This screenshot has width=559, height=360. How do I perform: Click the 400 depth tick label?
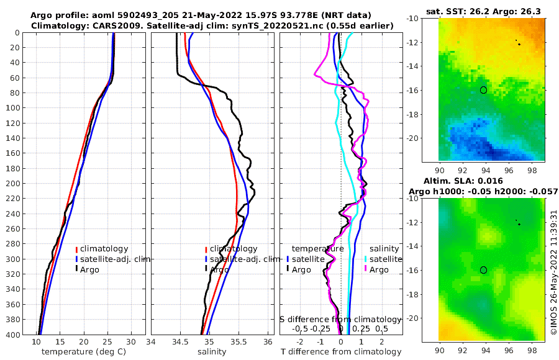[12, 335]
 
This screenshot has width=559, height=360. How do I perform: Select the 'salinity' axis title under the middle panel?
[211, 352]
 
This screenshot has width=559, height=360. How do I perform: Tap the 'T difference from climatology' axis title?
[340, 352]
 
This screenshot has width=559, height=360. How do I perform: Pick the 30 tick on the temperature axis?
[131, 342]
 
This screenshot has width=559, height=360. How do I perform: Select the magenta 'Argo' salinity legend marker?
[366, 269]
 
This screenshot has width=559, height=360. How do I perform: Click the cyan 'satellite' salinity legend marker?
[366, 259]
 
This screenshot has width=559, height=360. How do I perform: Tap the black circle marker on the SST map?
[483, 90]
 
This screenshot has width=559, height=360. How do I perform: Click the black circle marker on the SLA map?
[483, 269]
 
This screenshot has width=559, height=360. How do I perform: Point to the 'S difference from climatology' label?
[340, 319]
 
